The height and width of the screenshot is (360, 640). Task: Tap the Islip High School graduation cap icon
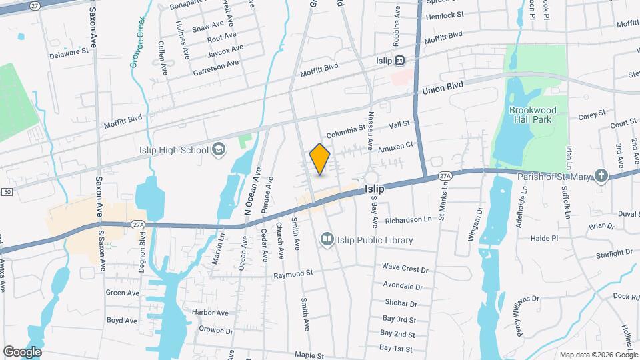click(x=219, y=150)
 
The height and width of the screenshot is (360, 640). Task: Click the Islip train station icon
click(x=399, y=60)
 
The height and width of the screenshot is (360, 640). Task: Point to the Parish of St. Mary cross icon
click(x=602, y=176)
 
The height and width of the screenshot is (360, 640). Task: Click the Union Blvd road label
click(x=443, y=87)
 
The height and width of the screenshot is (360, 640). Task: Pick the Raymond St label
click(x=293, y=274)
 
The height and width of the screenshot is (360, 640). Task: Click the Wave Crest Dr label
click(x=405, y=267)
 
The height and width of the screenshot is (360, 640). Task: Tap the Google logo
click(x=22, y=351)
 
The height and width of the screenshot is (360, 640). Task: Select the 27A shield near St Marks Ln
click(x=445, y=175)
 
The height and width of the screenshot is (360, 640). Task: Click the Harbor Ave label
click(x=210, y=312)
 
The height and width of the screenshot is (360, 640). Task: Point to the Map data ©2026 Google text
click(x=597, y=355)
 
